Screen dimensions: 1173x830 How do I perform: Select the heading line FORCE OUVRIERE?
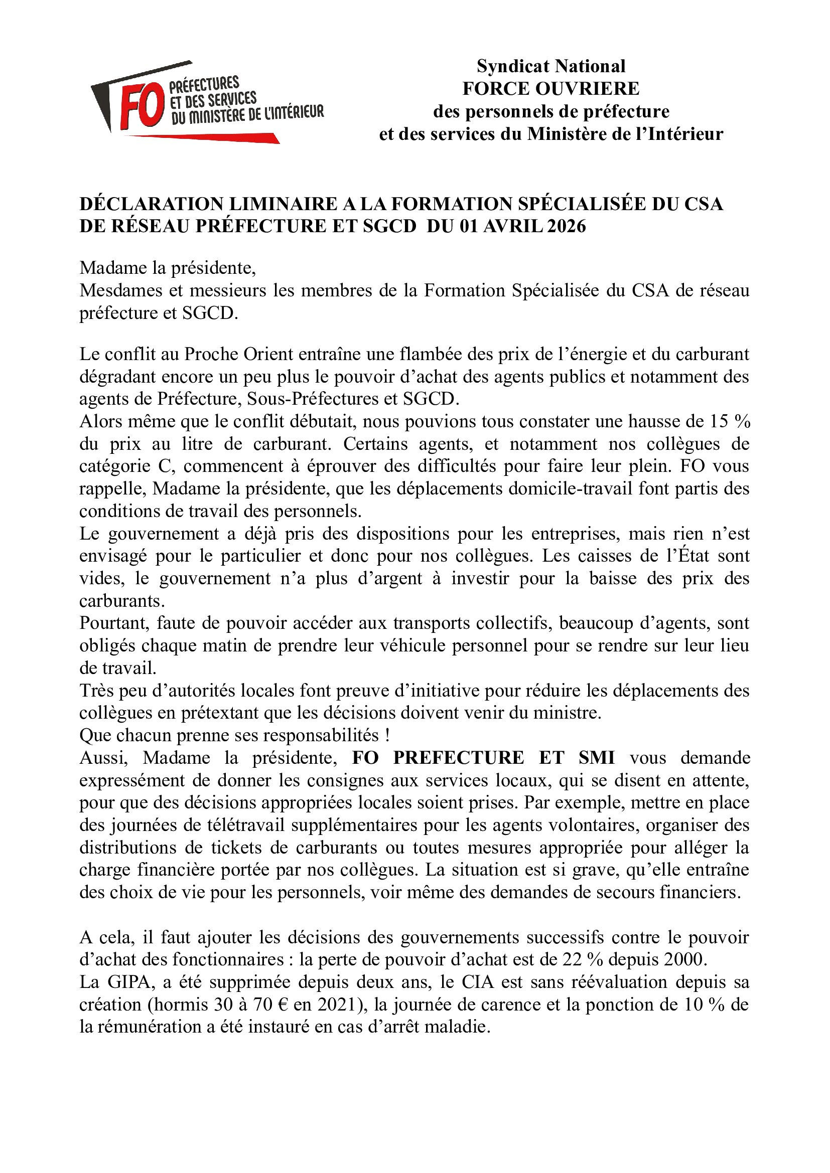(x=551, y=89)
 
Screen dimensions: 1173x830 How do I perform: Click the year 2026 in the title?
(x=566, y=226)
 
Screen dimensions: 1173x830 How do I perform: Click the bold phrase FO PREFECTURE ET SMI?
(x=483, y=758)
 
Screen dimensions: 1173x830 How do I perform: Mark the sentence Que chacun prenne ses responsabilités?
(x=234, y=735)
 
